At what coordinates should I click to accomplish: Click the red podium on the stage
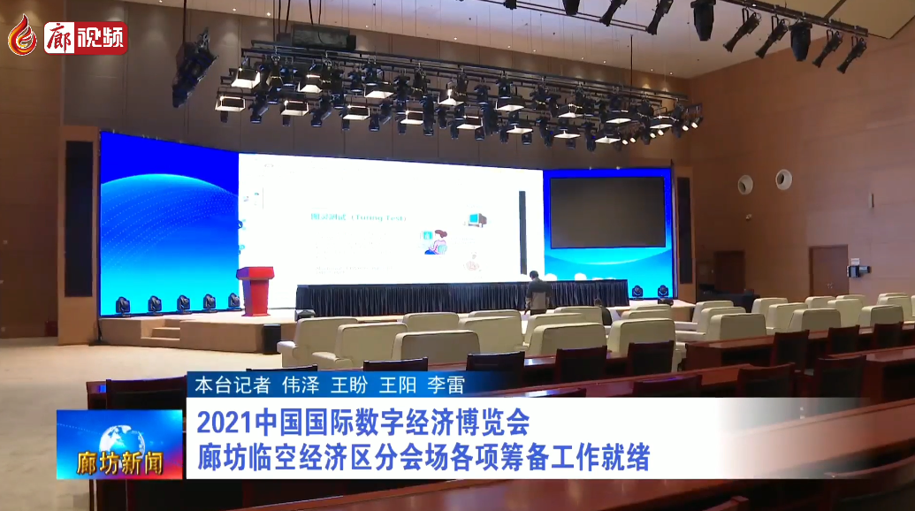point(256,289)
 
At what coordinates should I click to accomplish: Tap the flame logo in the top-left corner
point(22,34)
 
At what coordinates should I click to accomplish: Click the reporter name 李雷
point(446,385)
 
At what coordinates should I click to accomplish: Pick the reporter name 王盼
point(347,385)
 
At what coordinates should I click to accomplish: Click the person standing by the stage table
point(536,292)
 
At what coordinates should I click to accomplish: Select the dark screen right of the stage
point(606,212)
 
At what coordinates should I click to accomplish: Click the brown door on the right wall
point(828,271)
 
